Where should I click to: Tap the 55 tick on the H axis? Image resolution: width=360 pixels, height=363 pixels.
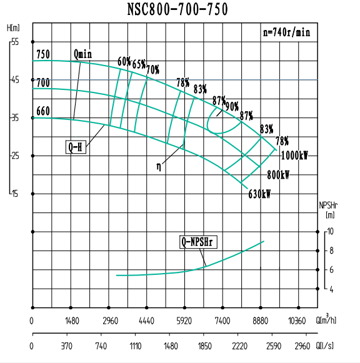16,41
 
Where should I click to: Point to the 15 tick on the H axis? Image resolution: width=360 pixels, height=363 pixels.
16,194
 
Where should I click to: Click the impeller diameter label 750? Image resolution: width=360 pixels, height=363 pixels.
42,54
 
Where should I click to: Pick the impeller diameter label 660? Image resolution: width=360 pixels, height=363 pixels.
42,111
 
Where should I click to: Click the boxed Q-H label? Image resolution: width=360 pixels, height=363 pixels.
76,147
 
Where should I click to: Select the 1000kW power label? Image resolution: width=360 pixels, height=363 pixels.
294,156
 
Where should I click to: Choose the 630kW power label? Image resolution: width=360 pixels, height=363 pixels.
259,194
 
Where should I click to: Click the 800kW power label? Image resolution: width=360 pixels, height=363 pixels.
278,175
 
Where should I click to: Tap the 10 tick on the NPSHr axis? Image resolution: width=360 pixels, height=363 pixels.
331,231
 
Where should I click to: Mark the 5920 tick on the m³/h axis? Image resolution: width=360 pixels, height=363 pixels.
184,321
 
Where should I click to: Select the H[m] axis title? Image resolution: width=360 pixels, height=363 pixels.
13,27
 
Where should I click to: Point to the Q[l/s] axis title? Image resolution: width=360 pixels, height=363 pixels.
326,345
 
